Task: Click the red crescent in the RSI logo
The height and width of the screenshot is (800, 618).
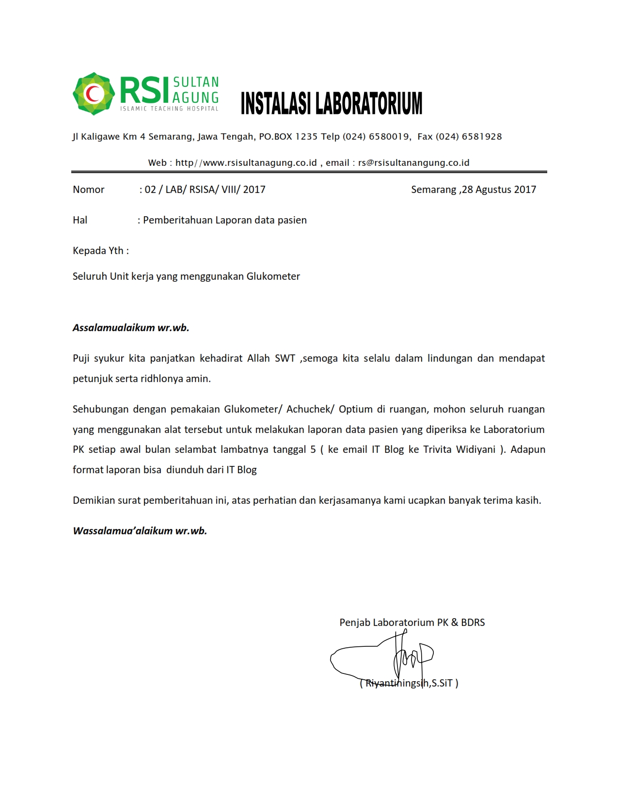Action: coord(92,94)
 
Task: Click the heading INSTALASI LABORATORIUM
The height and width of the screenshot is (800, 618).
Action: coord(332,103)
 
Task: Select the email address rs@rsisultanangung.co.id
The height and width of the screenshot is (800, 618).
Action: coord(413,163)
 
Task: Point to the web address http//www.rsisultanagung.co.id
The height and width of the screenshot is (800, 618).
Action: coord(246,163)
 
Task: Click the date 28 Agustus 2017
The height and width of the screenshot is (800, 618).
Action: coord(499,190)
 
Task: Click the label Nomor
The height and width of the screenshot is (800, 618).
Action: coord(88,190)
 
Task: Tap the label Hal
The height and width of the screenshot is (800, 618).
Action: coord(80,220)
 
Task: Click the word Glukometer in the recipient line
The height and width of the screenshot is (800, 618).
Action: coord(273,276)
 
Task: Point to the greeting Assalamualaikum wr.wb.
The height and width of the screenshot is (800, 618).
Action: coord(131,328)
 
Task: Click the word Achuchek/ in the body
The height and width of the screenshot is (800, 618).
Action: coord(310,409)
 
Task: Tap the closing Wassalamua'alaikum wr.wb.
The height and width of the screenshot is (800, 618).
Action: coord(140,531)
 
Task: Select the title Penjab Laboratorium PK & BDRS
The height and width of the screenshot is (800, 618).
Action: coord(412,623)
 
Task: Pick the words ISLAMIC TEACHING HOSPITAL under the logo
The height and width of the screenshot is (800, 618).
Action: coord(169,109)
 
